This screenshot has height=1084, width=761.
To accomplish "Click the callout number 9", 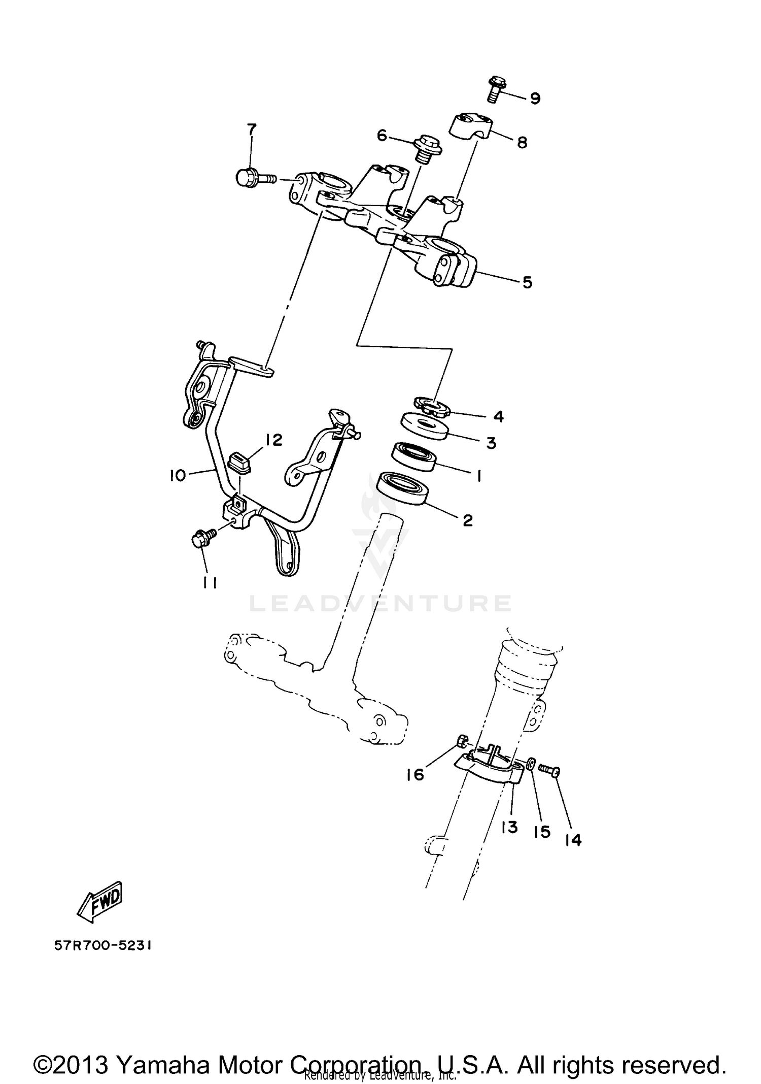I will pyautogui.click(x=535, y=98).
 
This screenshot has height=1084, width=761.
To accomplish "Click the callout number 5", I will pyautogui.click(x=528, y=282).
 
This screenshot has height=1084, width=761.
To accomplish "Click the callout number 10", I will pyautogui.click(x=178, y=476).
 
